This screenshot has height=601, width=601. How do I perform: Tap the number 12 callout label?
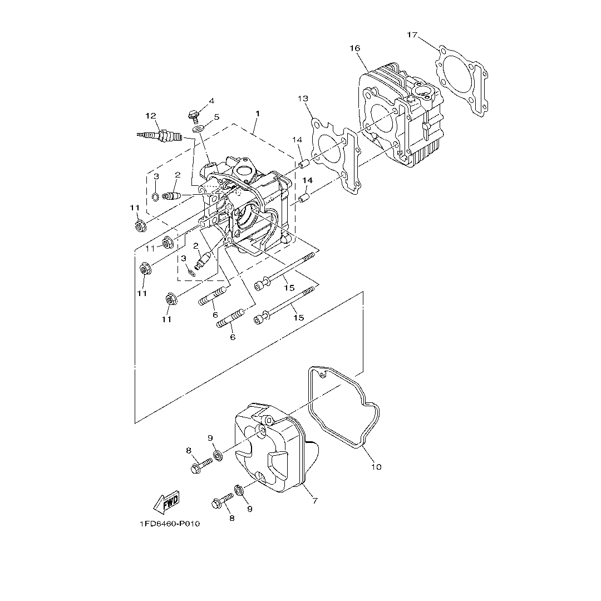pyautogui.click(x=151, y=116)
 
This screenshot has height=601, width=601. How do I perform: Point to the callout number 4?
pyautogui.click(x=211, y=101)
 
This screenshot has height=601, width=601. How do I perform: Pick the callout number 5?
pyautogui.click(x=216, y=117)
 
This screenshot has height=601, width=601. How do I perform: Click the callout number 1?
pyautogui.click(x=257, y=114)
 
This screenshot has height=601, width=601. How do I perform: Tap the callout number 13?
pyautogui.click(x=302, y=98)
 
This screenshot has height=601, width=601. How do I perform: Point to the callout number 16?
pyautogui.click(x=354, y=48)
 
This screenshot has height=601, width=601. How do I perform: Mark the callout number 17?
pyautogui.click(x=412, y=35)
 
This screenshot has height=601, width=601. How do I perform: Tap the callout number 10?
pyautogui.click(x=376, y=467)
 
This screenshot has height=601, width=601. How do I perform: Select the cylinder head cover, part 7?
pyautogui.click(x=273, y=451)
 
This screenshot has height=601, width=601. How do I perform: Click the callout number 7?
pyautogui.click(x=314, y=501)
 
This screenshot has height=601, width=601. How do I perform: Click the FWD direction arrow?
pyautogui.click(x=166, y=502)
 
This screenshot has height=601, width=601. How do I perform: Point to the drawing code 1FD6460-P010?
pyautogui.click(x=170, y=524)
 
